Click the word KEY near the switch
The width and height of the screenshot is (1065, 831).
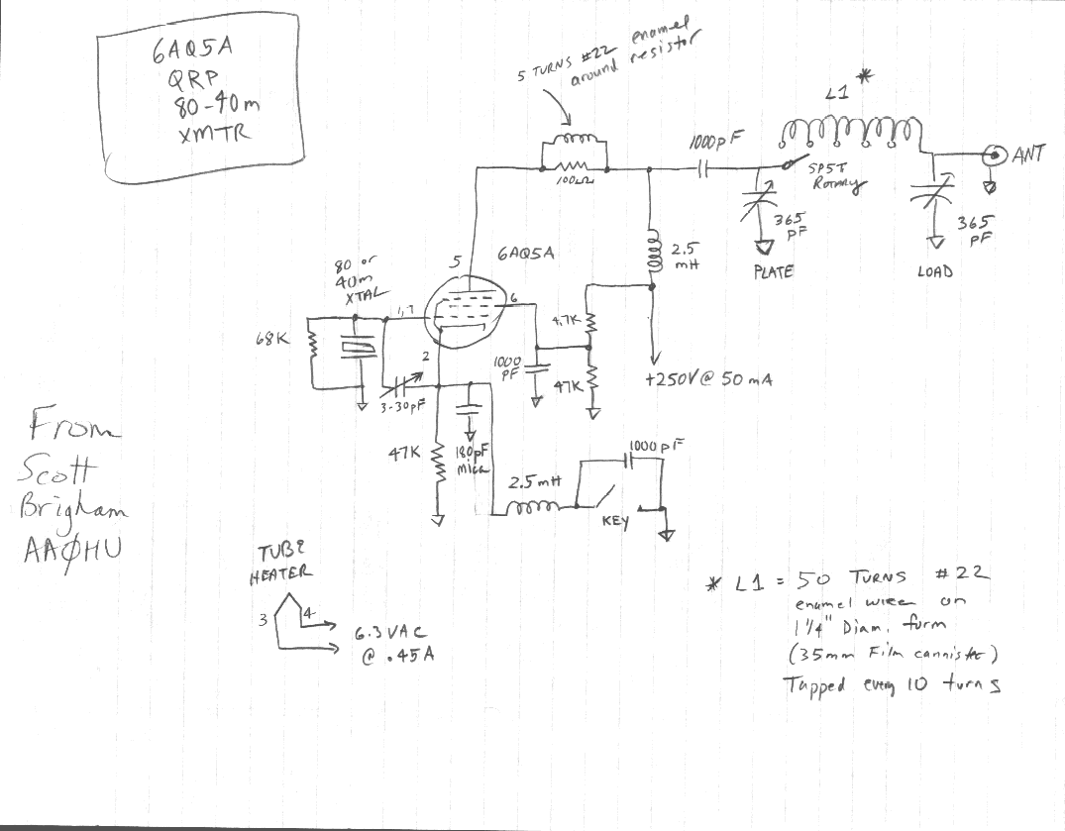click(615, 522)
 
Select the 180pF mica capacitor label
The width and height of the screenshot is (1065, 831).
click(470, 460)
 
